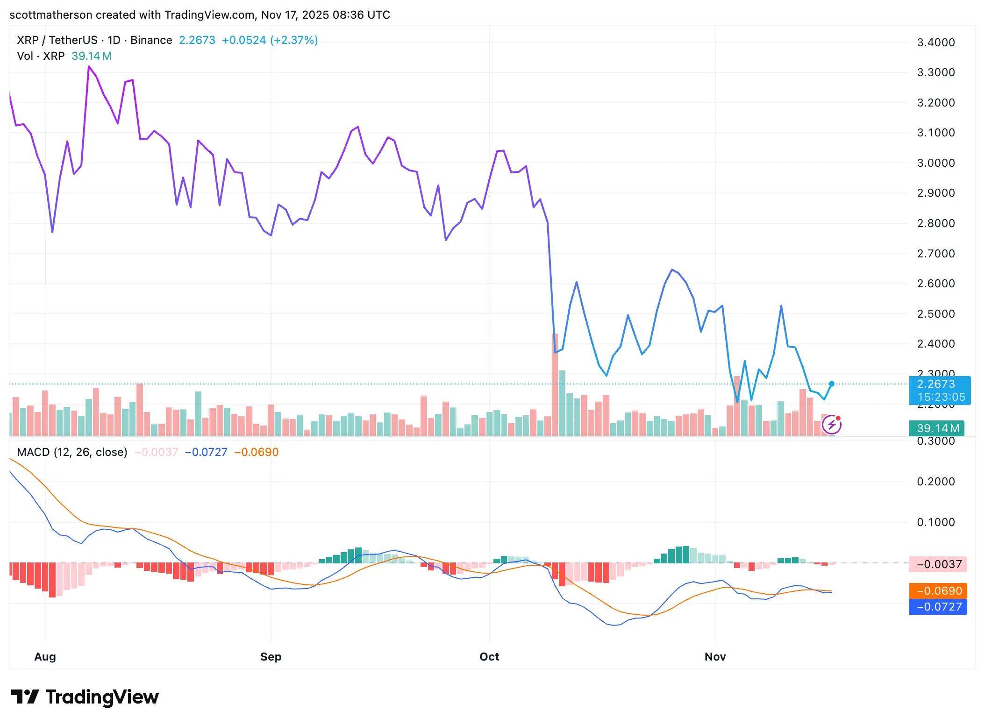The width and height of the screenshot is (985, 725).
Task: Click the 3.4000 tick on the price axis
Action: (935, 43)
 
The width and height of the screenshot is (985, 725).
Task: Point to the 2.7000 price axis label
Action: (935, 254)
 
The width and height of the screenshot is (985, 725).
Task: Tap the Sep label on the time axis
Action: (271, 656)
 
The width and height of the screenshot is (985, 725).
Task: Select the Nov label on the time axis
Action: (715, 656)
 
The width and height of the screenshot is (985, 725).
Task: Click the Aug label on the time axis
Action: (45, 656)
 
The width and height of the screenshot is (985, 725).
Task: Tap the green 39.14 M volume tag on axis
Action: (937, 428)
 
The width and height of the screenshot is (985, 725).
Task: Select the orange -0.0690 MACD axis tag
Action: (938, 591)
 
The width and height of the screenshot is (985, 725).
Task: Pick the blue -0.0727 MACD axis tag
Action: (938, 607)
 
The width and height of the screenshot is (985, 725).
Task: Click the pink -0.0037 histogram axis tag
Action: (938, 564)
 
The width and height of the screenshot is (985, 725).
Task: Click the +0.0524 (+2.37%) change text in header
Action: (270, 40)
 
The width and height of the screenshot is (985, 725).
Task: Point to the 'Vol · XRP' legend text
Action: (41, 56)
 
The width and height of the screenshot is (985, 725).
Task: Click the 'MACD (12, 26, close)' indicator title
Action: (72, 452)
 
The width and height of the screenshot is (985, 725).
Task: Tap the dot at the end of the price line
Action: (832, 384)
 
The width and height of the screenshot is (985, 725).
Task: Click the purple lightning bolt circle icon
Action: (832, 425)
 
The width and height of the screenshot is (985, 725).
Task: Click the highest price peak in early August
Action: (89, 67)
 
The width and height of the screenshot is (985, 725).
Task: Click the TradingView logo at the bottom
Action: (85, 697)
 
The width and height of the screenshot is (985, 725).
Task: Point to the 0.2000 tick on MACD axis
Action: (935, 482)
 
